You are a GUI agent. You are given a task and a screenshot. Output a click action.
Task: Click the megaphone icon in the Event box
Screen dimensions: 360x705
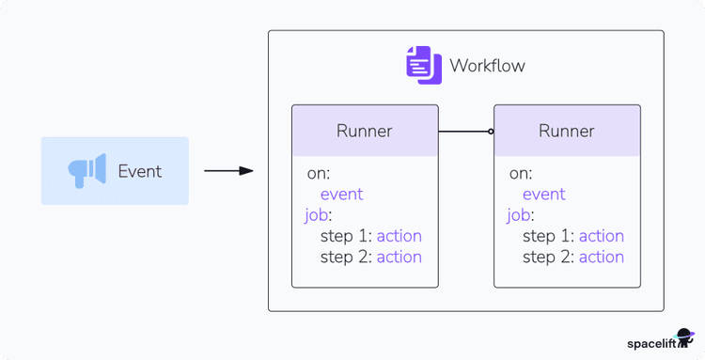[86, 171]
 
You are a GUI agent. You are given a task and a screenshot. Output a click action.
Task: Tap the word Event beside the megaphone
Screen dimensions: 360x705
[139, 171]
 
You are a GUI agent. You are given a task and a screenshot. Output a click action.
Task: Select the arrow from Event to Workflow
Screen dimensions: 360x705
[228, 171]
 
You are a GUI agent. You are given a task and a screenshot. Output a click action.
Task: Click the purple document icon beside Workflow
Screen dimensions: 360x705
[422, 65]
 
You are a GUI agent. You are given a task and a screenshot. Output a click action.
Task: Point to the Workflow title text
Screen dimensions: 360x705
[487, 66]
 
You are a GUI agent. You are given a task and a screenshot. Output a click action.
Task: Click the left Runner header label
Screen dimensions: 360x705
[364, 131]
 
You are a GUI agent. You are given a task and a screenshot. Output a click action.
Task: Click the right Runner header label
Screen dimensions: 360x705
[566, 131]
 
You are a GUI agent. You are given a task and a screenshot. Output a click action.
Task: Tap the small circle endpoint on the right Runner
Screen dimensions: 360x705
[491, 131]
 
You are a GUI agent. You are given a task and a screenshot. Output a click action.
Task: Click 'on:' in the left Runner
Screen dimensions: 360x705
[318, 174]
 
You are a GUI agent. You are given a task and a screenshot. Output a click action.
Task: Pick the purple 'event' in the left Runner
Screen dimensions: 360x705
[341, 195]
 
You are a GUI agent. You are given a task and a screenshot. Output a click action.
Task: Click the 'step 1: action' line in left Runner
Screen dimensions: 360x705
[370, 236]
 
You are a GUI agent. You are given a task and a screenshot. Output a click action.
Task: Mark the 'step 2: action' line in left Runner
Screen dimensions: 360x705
[370, 257]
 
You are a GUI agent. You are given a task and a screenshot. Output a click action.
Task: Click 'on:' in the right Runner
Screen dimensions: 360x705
[520, 174]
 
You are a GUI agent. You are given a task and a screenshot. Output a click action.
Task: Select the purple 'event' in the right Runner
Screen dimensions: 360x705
[543, 195]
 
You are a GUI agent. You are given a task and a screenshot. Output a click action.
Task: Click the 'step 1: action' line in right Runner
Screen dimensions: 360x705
[572, 236]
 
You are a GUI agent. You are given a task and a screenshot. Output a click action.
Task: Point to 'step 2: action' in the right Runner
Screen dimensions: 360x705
[572, 257]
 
